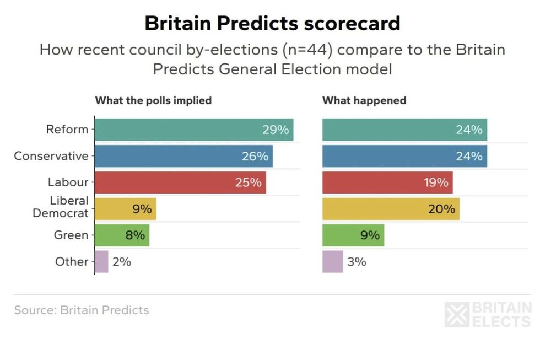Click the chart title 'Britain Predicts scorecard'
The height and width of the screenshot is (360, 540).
click(x=272, y=23)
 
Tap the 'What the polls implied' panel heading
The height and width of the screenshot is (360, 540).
click(x=153, y=100)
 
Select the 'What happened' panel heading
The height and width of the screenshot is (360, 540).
click(x=364, y=100)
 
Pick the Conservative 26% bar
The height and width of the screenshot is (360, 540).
click(x=183, y=156)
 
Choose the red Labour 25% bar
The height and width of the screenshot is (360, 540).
click(x=180, y=182)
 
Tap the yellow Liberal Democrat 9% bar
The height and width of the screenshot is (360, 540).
click(x=126, y=209)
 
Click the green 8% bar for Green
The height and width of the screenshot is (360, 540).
click(x=122, y=235)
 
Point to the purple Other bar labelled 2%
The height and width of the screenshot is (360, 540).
click(x=101, y=262)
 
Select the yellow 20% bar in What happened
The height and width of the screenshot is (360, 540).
click(x=391, y=209)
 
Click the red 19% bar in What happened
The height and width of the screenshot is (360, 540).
click(x=387, y=182)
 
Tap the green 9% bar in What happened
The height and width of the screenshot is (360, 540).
click(x=353, y=235)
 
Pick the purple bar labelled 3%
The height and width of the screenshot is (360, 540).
click(x=332, y=262)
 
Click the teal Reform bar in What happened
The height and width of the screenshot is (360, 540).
click(x=404, y=130)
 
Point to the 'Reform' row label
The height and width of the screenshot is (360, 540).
click(x=67, y=130)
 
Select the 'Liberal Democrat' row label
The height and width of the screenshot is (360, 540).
click(x=61, y=207)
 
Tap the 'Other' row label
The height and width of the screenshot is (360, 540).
click(x=72, y=262)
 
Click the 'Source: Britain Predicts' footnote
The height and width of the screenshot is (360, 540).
click(x=82, y=310)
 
